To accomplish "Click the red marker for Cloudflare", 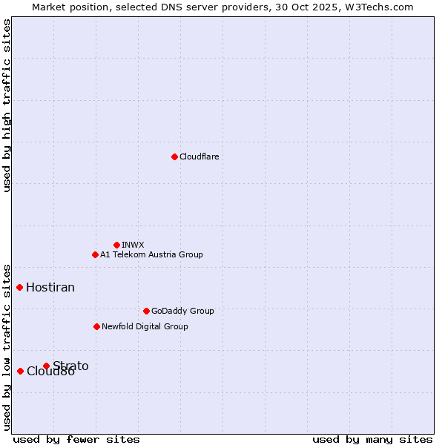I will click(174, 156).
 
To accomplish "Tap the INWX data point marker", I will click(116, 245).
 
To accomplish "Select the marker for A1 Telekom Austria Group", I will click(95, 254).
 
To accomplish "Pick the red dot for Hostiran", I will click(20, 287).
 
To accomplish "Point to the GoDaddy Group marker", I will click(146, 311).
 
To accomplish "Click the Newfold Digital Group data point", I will click(96, 326).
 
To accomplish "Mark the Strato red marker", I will click(46, 366).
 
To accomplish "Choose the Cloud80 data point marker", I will click(20, 371).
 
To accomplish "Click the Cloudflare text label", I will click(199, 156).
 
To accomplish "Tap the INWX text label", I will click(133, 245).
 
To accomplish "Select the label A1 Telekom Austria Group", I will click(151, 254).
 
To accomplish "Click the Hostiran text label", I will click(50, 287).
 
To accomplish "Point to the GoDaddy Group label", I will click(182, 311).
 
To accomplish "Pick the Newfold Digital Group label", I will click(145, 326).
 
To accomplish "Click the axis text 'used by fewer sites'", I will click(76, 439).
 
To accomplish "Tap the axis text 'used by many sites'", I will click(372, 439).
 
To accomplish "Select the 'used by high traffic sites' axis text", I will click(7, 105).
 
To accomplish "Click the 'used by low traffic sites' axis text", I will click(7, 346).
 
